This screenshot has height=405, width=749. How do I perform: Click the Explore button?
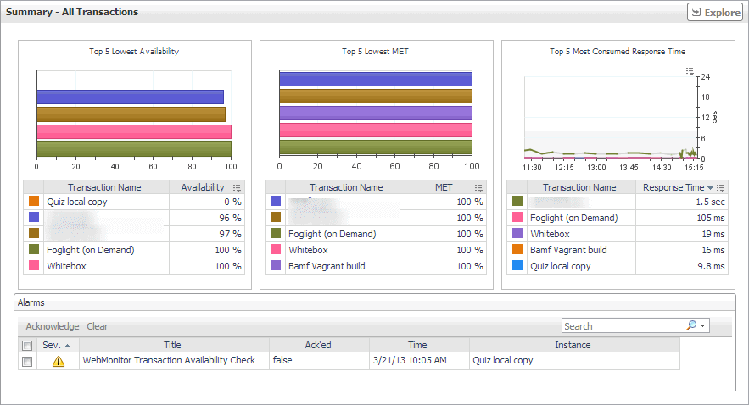point(715,13)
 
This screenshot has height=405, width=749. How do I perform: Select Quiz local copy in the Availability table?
point(77,202)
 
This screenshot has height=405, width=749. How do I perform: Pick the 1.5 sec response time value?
point(708,202)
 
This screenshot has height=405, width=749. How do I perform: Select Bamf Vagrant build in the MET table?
point(327,266)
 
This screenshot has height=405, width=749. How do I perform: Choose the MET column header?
point(444,187)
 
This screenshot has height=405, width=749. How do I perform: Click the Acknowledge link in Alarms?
point(53,326)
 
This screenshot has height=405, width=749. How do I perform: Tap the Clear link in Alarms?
point(98,326)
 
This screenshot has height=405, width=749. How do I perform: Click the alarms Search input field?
point(623,326)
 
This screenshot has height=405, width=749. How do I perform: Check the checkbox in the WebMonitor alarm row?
point(27,361)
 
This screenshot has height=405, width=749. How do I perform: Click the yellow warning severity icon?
point(59,361)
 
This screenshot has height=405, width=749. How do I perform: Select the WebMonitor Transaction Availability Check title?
point(169,360)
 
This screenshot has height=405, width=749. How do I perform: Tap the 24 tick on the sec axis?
point(705,77)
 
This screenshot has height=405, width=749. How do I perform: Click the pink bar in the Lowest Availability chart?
point(134,131)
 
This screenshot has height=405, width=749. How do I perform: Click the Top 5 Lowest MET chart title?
point(375,52)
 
